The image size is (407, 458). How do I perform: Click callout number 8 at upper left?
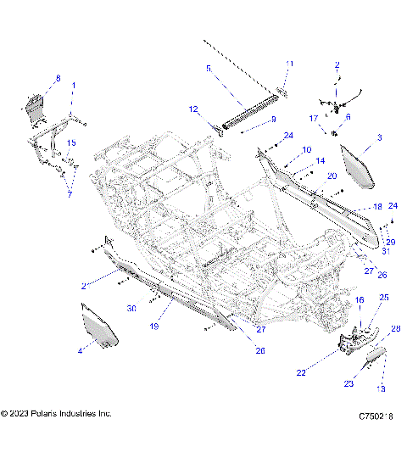pyautogui.click(x=58, y=79)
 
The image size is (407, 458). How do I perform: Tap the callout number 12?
pyautogui.click(x=193, y=109)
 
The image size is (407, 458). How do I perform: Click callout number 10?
pyautogui.click(x=283, y=149)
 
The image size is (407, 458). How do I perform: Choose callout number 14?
pyautogui.click(x=296, y=160)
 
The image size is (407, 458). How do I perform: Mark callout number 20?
pyautogui.click(x=309, y=176)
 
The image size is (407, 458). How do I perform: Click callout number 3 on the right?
pyautogui.click(x=379, y=137)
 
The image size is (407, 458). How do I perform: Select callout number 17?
pyautogui.click(x=314, y=118)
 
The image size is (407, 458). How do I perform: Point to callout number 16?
pyautogui.click(x=359, y=300)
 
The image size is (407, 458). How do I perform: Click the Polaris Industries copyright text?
pyautogui.click(x=56, y=414)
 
